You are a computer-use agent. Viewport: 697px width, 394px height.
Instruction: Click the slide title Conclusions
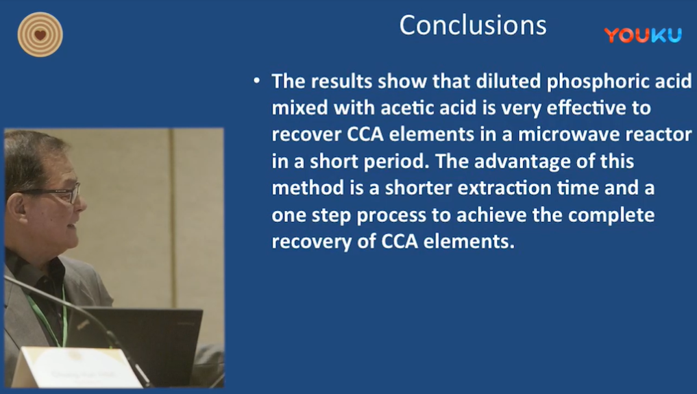(472, 25)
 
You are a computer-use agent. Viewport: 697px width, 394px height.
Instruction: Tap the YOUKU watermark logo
(643, 35)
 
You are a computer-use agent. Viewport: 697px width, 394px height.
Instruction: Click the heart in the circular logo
(40, 35)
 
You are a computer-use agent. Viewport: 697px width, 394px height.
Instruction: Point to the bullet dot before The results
(256, 81)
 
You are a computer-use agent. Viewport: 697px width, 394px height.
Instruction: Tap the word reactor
(659, 135)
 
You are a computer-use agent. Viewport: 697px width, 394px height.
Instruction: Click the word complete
(611, 216)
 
